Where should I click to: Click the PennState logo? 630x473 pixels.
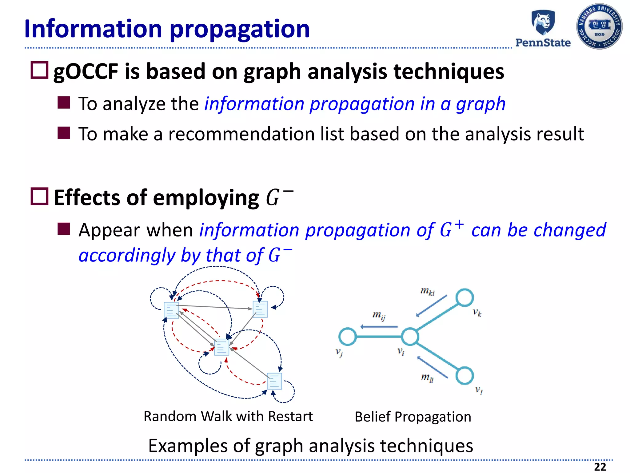543,29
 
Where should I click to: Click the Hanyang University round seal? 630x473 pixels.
599,26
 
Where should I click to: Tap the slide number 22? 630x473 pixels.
600,467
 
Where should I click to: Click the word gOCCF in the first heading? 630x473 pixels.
86,71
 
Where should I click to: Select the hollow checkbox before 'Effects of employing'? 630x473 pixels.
39,196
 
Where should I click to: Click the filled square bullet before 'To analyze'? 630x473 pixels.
64,103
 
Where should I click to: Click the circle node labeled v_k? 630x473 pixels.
464,297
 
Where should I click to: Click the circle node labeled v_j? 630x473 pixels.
347,336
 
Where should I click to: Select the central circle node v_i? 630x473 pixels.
410,337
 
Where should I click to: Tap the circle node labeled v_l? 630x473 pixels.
464,376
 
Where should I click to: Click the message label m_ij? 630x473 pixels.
379,315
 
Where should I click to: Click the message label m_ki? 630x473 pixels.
427,291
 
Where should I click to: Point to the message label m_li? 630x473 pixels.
427,378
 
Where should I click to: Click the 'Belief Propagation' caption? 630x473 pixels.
413,417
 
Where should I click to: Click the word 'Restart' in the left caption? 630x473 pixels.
290,416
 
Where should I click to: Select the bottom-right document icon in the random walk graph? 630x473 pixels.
274,381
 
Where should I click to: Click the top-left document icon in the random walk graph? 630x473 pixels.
171,310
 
